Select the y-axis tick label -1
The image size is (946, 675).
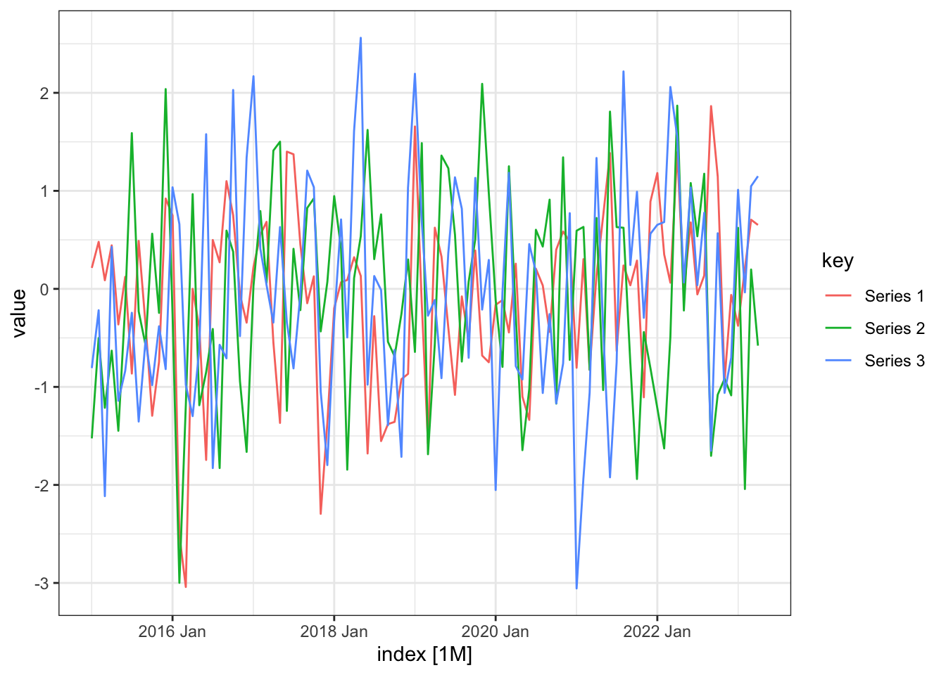[41, 387]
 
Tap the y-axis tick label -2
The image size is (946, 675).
[41, 485]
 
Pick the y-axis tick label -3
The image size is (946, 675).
[41, 583]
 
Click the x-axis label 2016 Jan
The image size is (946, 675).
[172, 631]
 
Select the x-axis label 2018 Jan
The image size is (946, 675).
[334, 631]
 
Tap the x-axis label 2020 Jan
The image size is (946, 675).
[495, 631]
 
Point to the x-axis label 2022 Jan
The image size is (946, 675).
[657, 631]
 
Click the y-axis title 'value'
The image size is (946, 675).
[19, 313]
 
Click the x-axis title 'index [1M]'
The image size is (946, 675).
[424, 655]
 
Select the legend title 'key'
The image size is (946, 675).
[838, 261]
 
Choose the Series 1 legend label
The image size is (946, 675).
[894, 296]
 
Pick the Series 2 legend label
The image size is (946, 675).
[894, 328]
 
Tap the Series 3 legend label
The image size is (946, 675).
[894, 361]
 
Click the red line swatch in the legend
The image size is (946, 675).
[838, 296]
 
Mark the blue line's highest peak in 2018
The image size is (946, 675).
[360, 38]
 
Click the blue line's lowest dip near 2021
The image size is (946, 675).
[576, 589]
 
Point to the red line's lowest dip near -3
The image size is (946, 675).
[186, 586]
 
